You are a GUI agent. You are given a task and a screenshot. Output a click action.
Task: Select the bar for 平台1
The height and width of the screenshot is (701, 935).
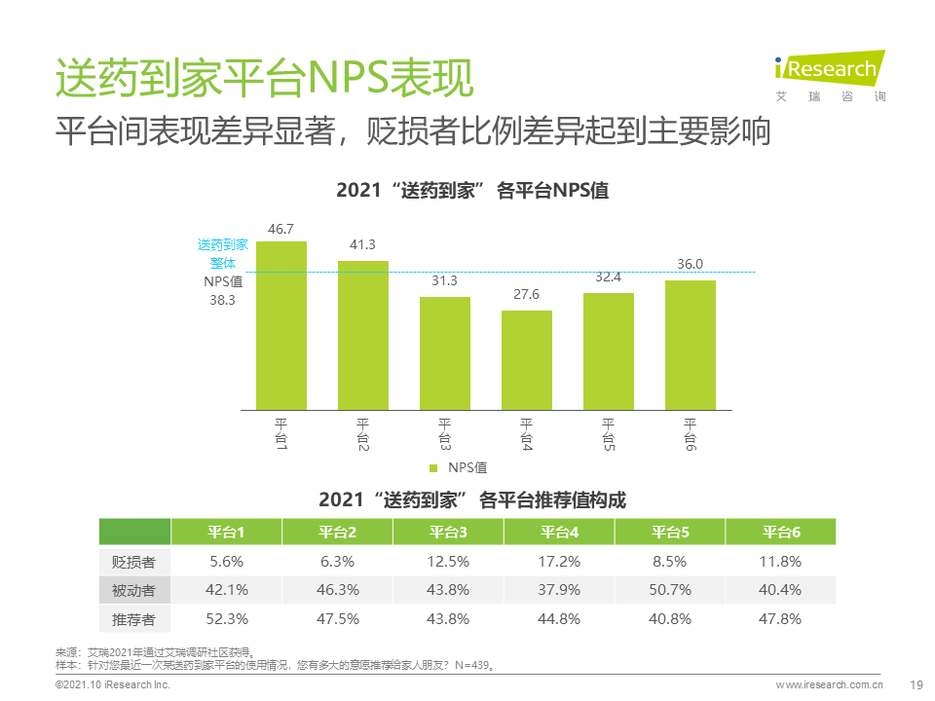(281, 325)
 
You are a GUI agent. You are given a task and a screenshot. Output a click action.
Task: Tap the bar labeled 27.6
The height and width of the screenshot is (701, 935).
(527, 360)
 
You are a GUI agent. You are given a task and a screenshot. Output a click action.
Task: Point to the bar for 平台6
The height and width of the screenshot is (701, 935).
(691, 345)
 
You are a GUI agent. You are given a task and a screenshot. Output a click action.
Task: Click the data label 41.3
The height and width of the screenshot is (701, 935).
(362, 244)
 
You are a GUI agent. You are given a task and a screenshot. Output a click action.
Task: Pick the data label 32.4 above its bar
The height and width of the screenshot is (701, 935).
(608, 277)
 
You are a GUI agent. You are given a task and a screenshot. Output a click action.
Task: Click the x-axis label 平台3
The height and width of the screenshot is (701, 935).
(445, 433)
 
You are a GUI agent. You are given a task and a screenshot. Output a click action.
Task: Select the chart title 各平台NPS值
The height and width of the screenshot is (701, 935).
(472, 190)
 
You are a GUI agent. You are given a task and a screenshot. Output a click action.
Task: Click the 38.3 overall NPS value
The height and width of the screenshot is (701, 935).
(223, 301)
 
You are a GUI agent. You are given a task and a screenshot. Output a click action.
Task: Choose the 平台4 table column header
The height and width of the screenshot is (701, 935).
(559, 533)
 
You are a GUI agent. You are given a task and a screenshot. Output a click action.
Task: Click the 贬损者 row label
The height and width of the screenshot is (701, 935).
(134, 561)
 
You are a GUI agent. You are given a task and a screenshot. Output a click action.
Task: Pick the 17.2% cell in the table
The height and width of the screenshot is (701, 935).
(559, 561)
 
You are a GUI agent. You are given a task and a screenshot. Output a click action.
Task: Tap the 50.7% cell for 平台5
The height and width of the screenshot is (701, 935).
(670, 589)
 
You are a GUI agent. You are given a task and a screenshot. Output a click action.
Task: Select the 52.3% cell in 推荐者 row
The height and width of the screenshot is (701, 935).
(227, 618)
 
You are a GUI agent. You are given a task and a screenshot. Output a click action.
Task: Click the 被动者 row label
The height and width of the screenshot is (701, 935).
(134, 589)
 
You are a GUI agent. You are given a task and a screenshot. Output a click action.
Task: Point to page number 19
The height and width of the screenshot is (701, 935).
(915, 685)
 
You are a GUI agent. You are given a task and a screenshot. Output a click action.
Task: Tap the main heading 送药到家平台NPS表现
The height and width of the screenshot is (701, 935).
(264, 80)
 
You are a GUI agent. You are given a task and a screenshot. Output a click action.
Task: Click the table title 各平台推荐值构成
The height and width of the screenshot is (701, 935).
(472, 500)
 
